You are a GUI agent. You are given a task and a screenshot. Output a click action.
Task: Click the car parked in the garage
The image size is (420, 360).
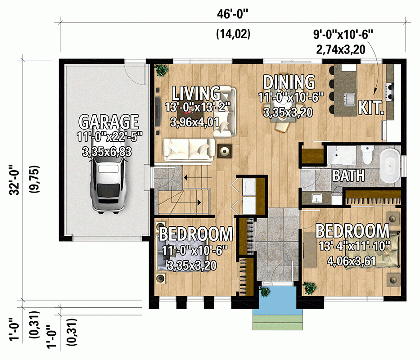108,184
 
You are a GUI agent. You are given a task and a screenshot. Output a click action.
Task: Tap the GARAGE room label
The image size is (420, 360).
108,121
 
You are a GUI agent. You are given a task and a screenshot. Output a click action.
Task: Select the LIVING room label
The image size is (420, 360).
196,93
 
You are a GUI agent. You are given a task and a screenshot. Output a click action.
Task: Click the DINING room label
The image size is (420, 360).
289,82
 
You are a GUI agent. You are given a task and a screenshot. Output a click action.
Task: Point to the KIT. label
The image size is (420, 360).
371,108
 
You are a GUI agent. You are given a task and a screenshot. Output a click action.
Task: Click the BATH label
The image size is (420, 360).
348,175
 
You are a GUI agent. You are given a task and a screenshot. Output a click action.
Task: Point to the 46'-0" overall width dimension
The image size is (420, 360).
232,14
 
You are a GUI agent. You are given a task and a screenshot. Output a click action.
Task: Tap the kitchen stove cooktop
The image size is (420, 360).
389,90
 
